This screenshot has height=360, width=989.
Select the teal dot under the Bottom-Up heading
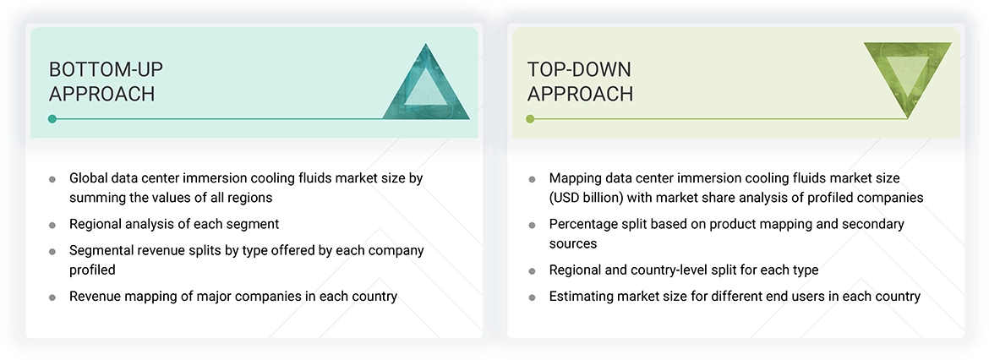(x=52, y=119)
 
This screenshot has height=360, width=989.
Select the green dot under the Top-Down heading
(x=530, y=119)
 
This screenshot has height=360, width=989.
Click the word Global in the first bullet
(x=89, y=178)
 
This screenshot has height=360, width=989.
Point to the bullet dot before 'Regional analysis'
(x=52, y=226)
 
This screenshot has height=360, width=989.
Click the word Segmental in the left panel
(x=101, y=251)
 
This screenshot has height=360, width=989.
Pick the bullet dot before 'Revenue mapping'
(x=52, y=297)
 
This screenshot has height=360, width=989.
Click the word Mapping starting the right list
(x=575, y=178)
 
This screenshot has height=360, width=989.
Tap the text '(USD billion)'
(x=587, y=198)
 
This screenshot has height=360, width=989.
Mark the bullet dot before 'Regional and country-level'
(x=532, y=271)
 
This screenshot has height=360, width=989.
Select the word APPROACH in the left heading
(x=101, y=94)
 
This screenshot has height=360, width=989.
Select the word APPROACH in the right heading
(x=580, y=94)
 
